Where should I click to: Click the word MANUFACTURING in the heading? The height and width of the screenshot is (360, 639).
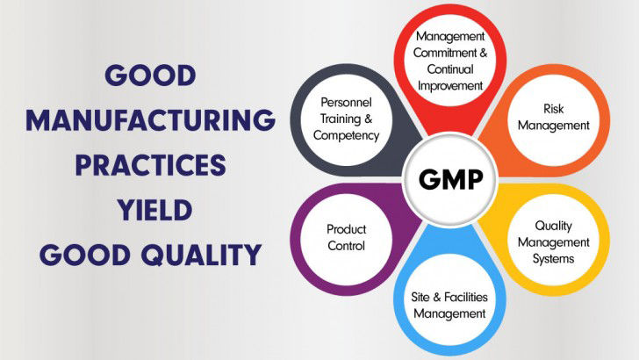tap(150, 120)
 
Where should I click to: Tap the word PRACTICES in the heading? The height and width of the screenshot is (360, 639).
tap(150, 165)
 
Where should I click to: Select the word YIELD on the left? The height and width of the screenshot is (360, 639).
tap(154, 210)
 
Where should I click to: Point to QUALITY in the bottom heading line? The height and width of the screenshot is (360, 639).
tap(201, 255)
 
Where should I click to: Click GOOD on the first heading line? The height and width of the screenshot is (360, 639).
tap(150, 75)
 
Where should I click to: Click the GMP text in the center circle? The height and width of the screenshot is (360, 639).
tap(451, 179)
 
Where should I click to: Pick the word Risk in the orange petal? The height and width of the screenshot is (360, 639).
tap(553, 109)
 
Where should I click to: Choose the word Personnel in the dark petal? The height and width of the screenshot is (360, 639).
tap(346, 103)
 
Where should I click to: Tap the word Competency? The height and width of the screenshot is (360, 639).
tap(347, 135)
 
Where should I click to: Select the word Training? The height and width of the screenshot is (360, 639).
tap(341, 119)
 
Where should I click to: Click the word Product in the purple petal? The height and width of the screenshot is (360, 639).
tap(347, 229)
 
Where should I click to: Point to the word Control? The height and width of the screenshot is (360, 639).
tap(347, 246)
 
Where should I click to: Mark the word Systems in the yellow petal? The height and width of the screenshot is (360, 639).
tap(553, 259)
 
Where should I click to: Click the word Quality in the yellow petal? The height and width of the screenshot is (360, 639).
tap(553, 226)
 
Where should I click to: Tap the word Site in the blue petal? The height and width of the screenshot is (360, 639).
tap(420, 297)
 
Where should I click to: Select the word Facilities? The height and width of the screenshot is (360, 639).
tap(466, 297)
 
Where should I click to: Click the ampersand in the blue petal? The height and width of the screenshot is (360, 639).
tap(437, 297)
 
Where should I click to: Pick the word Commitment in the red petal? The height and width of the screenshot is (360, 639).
tap(445, 53)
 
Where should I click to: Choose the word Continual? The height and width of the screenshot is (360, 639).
tap(450, 69)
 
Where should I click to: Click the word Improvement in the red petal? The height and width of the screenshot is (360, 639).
tap(450, 86)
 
